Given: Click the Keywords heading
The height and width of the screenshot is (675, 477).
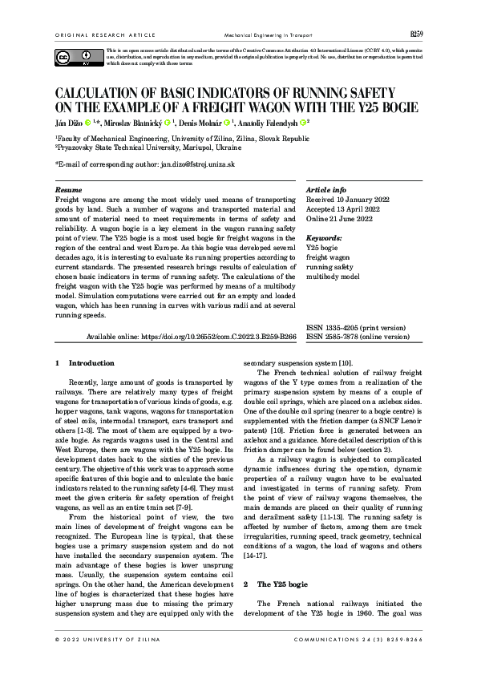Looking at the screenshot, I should coord(325,238).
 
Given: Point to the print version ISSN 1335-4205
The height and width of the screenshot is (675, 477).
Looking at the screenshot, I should coord(357,329).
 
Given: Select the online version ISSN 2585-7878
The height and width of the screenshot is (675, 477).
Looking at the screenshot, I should coord(358,337).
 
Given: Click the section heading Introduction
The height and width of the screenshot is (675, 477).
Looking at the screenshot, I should coord(91,363).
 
